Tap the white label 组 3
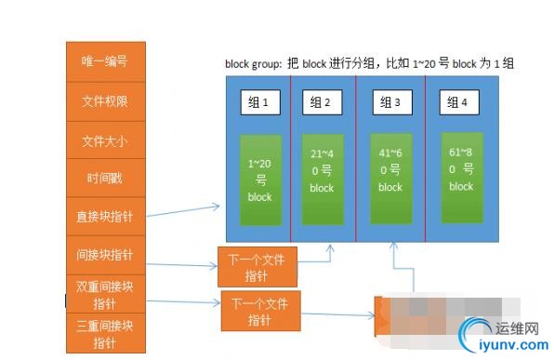(391, 102)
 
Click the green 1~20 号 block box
(260, 180)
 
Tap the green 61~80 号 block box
(461, 172)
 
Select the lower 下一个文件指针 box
(260, 312)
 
